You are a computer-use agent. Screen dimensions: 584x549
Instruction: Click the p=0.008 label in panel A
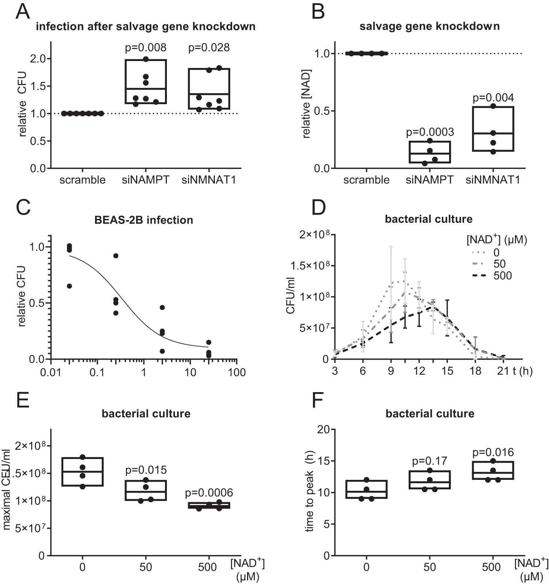tap(146, 48)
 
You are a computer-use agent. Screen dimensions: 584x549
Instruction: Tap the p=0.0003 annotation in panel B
tap(430, 132)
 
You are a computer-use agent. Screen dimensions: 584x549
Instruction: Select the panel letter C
tap(23, 209)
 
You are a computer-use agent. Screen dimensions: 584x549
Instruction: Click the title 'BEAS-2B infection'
tap(143, 220)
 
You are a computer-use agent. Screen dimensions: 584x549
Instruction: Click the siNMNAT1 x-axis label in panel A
tap(209, 180)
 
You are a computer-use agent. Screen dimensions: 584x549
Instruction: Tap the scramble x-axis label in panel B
tap(366, 180)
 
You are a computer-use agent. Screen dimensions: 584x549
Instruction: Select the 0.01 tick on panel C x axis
tap(51, 373)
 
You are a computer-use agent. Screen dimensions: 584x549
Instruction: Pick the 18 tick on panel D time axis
tap(475, 371)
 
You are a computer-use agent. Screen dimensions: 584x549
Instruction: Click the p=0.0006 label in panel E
tap(209, 493)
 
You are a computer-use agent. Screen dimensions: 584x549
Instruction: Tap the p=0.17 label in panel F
tap(430, 461)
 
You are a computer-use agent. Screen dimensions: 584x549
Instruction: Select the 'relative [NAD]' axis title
tap(306, 104)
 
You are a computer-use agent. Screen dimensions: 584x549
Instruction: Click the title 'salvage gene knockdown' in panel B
tap(429, 27)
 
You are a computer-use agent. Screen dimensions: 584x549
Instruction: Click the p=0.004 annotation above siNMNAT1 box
tap(493, 98)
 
